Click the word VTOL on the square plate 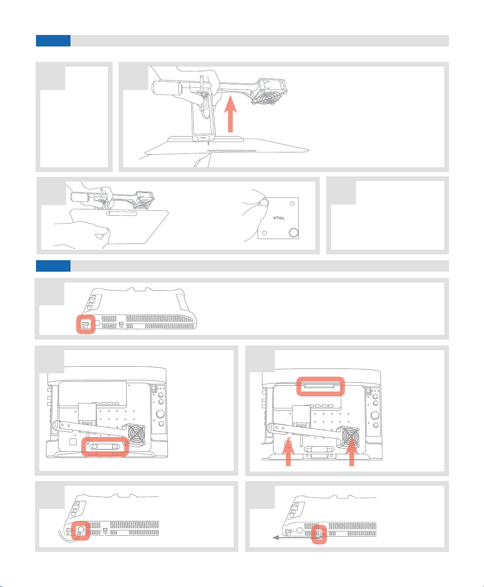[279, 218]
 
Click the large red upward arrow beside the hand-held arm [230, 114]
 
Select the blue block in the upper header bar [53, 41]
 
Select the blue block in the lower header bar [53, 266]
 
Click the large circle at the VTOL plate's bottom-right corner [294, 232]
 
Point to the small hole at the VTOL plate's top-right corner [293, 203]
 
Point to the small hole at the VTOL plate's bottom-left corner [264, 233]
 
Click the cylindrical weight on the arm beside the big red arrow [167, 88]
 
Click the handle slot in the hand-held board [121, 214]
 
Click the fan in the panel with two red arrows [351, 437]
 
